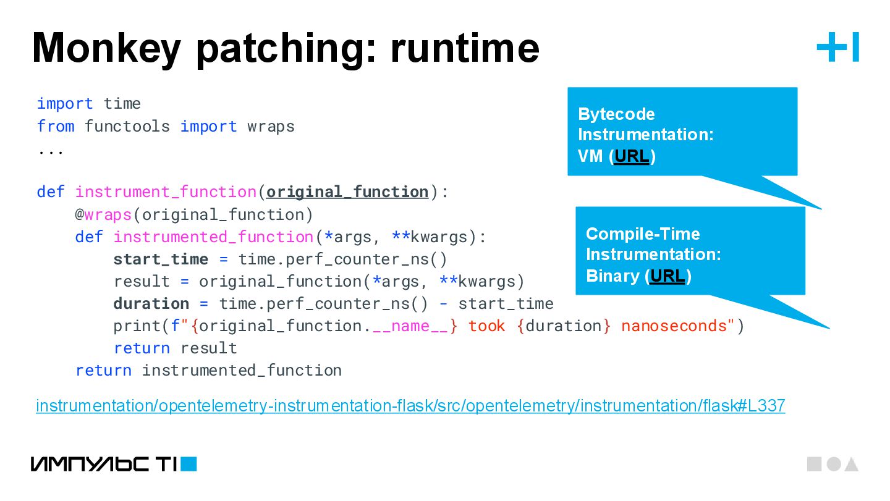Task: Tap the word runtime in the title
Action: pyautogui.click(x=465, y=48)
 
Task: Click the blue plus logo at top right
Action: pyautogui.click(x=837, y=48)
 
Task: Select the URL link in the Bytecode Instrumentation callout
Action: pyautogui.click(x=632, y=156)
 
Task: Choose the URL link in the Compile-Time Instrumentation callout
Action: pyautogui.click(x=667, y=276)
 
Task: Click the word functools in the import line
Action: pyautogui.click(x=127, y=127)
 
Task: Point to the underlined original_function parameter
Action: pyautogui.click(x=347, y=192)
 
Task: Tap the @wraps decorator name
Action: pyautogui.click(x=108, y=215)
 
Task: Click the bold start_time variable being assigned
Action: pyautogui.click(x=151, y=259)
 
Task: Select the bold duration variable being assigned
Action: pyautogui.click(x=151, y=304)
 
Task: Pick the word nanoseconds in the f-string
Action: pyautogui.click(x=674, y=326)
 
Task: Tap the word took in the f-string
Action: pyautogui.click(x=486, y=326)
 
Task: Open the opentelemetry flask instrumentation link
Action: pyautogui.click(x=410, y=406)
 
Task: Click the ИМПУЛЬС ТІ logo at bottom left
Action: pyautogui.click(x=114, y=464)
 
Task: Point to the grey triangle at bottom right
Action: pyautogui.click(x=852, y=465)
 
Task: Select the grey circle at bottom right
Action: pyautogui.click(x=834, y=464)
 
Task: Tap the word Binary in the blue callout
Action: pyautogui.click(x=613, y=276)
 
